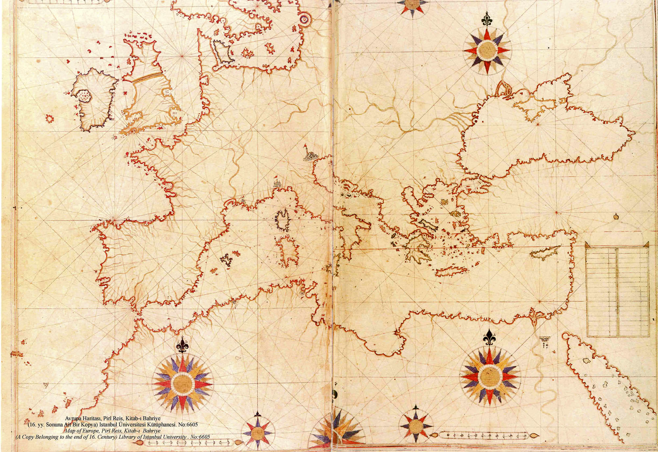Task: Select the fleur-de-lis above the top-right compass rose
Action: point(486,19)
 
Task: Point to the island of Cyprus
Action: point(544,252)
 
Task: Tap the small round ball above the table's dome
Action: point(616,216)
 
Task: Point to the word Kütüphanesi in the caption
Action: point(154,424)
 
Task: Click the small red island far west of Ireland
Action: point(50,118)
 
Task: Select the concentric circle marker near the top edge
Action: point(305,20)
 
